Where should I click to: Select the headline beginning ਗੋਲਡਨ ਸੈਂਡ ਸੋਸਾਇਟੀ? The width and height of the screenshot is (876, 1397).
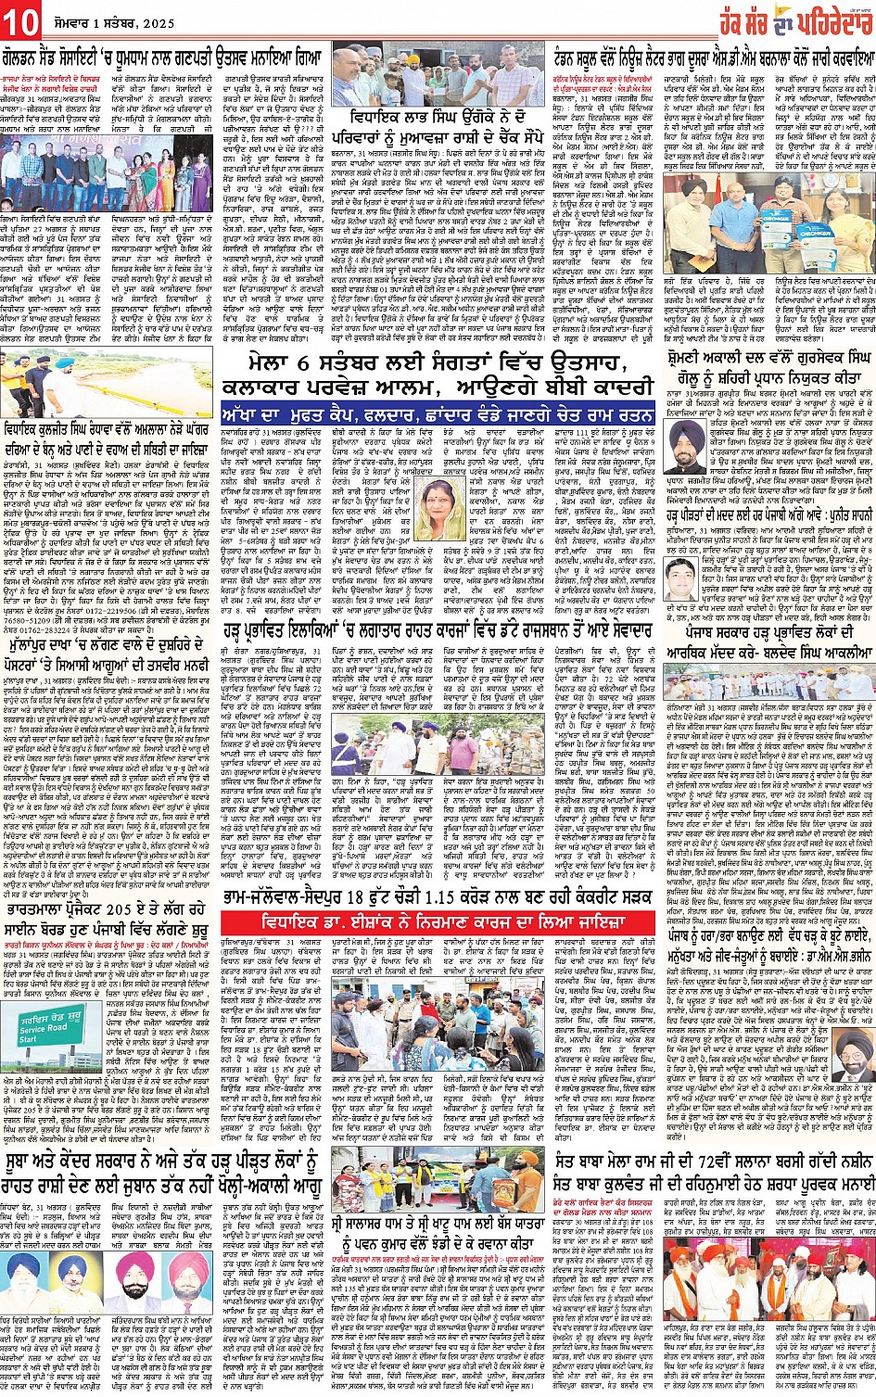[x=167, y=57]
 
